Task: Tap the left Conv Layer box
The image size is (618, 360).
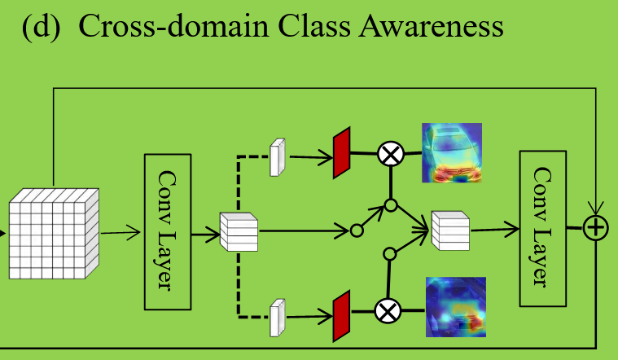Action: [x=167, y=230]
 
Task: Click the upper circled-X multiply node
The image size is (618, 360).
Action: [x=391, y=152]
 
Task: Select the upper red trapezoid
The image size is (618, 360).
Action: [x=341, y=152]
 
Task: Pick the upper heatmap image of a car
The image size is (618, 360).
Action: [x=451, y=151]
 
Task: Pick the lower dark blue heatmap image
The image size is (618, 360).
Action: [x=455, y=307]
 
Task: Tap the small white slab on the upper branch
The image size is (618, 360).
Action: [x=279, y=156]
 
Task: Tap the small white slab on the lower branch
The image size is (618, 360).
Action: [x=279, y=317]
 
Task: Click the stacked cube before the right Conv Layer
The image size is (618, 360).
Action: [x=450, y=229]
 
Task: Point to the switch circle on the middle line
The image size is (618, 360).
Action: [x=357, y=231]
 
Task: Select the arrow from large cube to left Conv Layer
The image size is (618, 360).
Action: [x=121, y=234]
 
